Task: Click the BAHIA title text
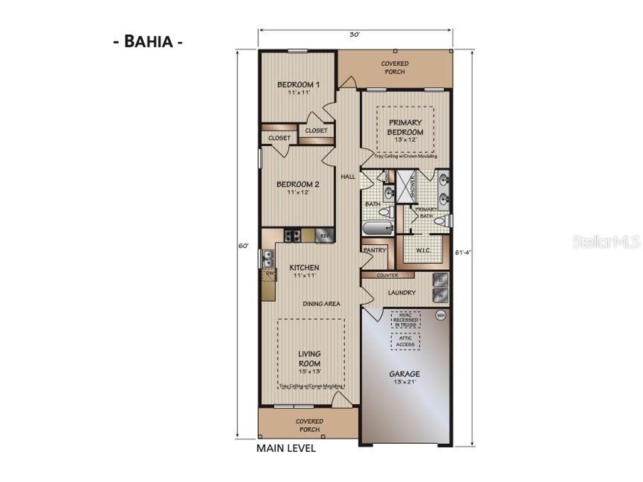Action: [148, 43]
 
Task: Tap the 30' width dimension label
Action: [355, 35]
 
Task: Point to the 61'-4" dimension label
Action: [465, 252]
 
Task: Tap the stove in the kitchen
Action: [292, 236]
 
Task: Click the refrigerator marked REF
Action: [325, 236]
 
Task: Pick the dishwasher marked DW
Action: [269, 274]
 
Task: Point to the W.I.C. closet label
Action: [423, 251]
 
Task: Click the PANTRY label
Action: [374, 250]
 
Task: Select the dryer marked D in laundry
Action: [441, 279]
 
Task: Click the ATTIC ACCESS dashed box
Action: [406, 341]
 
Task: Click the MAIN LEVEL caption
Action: [286, 449]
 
